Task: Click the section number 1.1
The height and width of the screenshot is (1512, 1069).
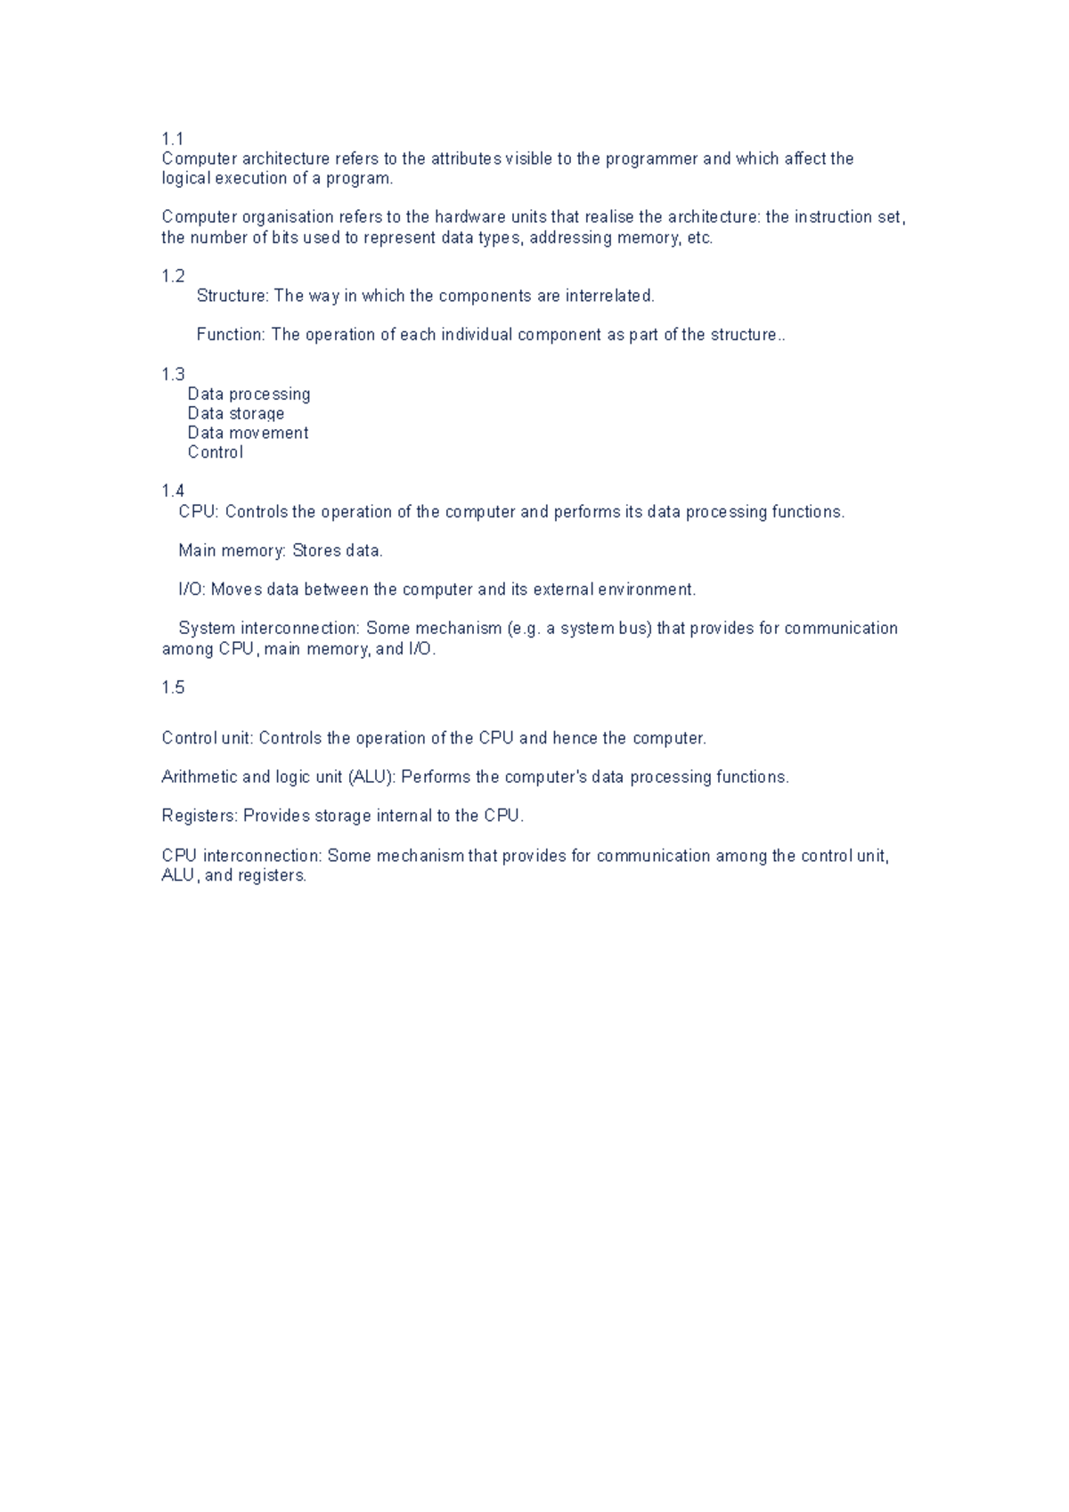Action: click(x=172, y=139)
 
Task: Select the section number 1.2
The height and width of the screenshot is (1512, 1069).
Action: click(x=173, y=276)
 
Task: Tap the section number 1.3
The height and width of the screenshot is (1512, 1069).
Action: click(x=173, y=374)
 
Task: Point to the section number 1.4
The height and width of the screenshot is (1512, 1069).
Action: click(x=173, y=491)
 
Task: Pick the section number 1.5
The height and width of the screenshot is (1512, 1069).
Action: click(x=173, y=687)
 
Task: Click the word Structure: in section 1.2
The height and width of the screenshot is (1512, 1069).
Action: click(x=232, y=296)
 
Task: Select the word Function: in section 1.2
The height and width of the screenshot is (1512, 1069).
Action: click(x=231, y=335)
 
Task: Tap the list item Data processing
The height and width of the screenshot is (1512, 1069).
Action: click(x=249, y=394)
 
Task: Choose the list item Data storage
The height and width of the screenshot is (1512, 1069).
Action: click(x=235, y=413)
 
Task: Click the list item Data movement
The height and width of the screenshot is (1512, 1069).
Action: click(x=248, y=433)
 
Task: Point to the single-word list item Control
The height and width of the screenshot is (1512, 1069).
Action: click(x=215, y=452)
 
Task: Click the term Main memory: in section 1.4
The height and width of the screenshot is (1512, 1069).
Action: click(x=232, y=551)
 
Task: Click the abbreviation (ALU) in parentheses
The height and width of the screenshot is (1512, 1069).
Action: click(x=371, y=777)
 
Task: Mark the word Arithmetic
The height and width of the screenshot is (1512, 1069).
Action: click(x=199, y=777)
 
